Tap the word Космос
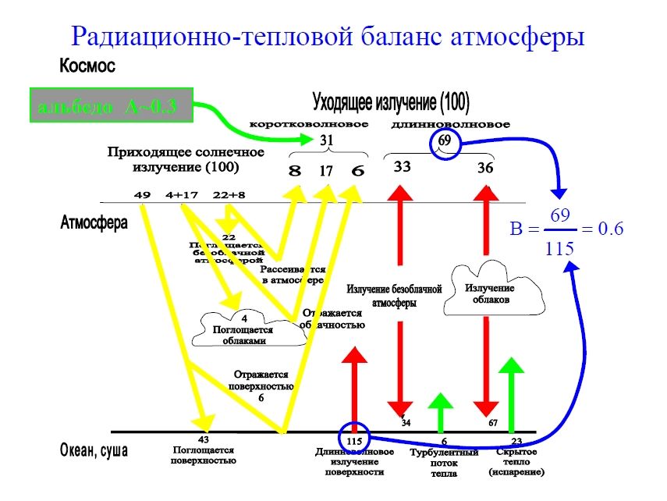(x=87, y=67)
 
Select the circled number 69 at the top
(x=445, y=140)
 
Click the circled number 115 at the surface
(x=355, y=441)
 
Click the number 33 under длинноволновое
(x=402, y=166)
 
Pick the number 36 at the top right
(x=486, y=166)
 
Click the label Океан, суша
(x=94, y=451)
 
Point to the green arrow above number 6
(x=441, y=410)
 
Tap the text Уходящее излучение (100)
(x=390, y=102)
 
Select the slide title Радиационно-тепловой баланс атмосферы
(x=327, y=36)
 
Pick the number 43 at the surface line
(x=203, y=439)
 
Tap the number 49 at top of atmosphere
(x=142, y=194)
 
